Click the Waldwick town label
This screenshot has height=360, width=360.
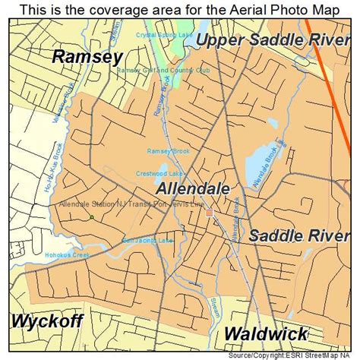[266, 333]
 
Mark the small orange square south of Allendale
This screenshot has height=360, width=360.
[209, 213]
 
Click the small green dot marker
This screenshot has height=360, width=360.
[91, 217]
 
